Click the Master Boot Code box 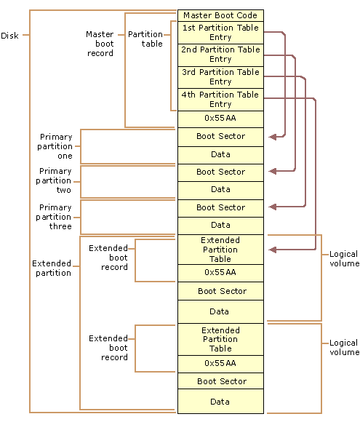pyautogui.click(x=220, y=15)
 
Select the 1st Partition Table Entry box pyautogui.click(x=220, y=33)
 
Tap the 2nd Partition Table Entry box pyautogui.click(x=220, y=55)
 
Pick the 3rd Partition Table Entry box pyautogui.click(x=220, y=77)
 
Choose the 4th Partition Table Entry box pyautogui.click(x=220, y=100)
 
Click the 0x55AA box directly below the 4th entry pyautogui.click(x=220, y=119)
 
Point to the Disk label pyautogui.click(x=10, y=36)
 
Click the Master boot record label pyautogui.click(x=100, y=44)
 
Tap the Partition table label pyautogui.click(x=145, y=39)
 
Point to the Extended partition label pyautogui.click(x=52, y=268)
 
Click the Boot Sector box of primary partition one pyautogui.click(x=220, y=136)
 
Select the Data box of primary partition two pyautogui.click(x=220, y=189)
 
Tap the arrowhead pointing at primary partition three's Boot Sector pyautogui.click(x=272, y=207)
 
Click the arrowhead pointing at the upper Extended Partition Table pyautogui.click(x=272, y=250)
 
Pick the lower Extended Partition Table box pyautogui.click(x=220, y=339)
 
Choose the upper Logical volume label pyautogui.click(x=343, y=259)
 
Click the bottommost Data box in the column pyautogui.click(x=220, y=402)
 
